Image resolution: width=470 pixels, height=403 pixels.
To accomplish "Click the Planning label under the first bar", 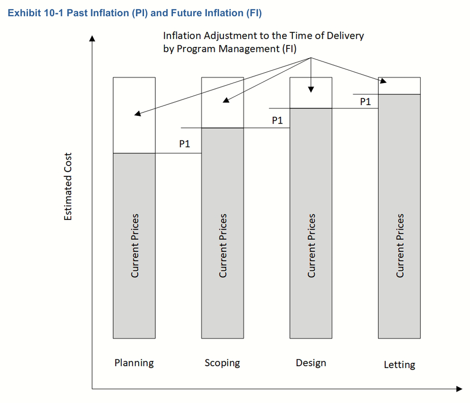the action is [x=134, y=363].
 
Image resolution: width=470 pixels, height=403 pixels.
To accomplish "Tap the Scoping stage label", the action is [x=222, y=363].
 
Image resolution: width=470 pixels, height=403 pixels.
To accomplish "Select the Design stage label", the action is [x=311, y=363].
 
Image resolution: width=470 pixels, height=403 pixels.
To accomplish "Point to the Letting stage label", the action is [x=400, y=365].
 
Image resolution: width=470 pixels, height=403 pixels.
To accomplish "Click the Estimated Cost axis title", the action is [x=68, y=187].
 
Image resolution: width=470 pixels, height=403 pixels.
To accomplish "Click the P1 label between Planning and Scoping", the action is [x=185, y=144].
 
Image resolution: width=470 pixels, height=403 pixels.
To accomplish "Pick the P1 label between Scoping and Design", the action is [x=277, y=120].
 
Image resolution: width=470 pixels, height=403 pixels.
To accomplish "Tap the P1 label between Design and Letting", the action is [x=365, y=102].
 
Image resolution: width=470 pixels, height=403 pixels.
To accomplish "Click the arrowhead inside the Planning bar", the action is [x=137, y=114].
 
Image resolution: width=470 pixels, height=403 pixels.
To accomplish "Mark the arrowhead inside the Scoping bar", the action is [x=226, y=100].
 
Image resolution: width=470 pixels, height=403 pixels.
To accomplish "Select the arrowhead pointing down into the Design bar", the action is [x=311, y=89].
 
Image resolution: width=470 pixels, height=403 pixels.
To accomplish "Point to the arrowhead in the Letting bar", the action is [x=383, y=81].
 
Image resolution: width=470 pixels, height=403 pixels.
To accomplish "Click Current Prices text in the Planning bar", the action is [x=135, y=246].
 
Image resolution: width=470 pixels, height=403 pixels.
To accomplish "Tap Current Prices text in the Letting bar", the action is [x=400, y=246].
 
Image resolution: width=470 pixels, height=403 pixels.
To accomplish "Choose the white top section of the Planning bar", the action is [x=134, y=116].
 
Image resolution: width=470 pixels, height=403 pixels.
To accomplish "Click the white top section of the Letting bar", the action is [x=399, y=86].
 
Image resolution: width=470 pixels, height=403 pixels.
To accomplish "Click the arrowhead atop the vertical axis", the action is [x=92, y=38].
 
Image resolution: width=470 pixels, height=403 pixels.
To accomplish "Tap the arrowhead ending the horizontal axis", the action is [x=459, y=389].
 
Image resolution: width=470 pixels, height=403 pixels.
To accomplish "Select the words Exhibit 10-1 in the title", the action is [x=35, y=13].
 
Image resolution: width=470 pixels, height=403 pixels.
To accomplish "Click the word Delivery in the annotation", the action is [x=345, y=36].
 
